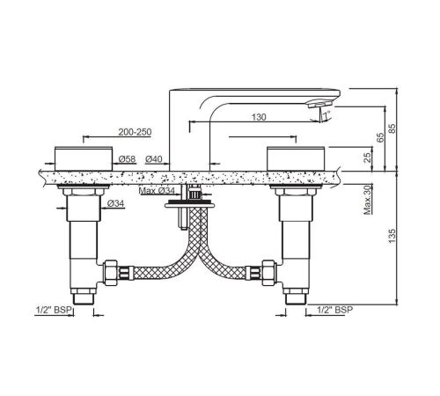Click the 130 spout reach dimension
coord(259,117)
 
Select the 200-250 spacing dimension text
coord(135,132)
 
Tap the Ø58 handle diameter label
coord(127,159)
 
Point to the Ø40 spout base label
coord(154,159)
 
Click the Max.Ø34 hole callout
coord(157,191)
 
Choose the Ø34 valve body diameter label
coord(115,203)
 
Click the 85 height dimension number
coord(392,128)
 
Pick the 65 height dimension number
coord(380,137)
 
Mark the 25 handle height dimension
coord(367,158)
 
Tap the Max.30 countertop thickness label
coord(367,201)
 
